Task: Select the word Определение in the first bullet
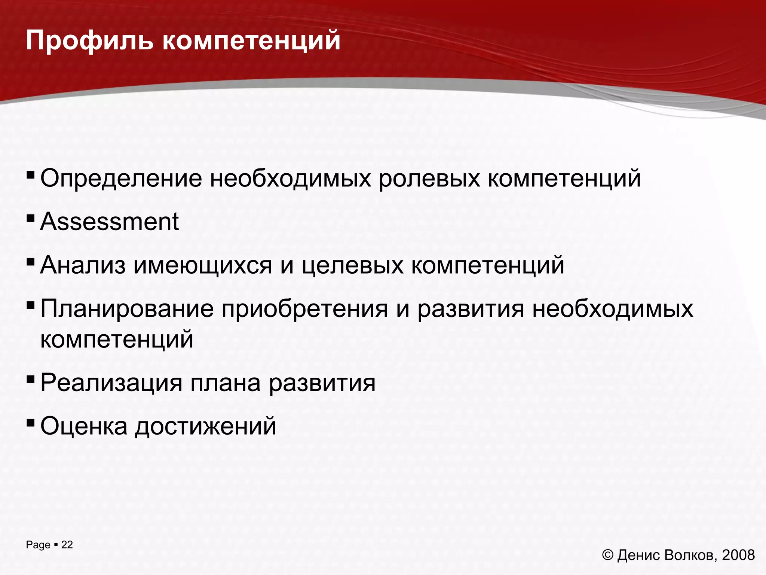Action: pyautogui.click(x=121, y=179)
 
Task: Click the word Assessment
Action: pyautogui.click(x=110, y=222)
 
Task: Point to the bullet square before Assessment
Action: pyautogui.click(x=31, y=217)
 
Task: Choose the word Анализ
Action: pyautogui.click(x=83, y=265)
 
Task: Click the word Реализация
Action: pyautogui.click(x=111, y=383)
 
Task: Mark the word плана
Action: pyautogui.click(x=226, y=383)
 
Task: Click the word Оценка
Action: pyautogui.click(x=84, y=426)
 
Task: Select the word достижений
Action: pyautogui.click(x=206, y=427)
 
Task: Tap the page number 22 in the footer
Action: pyautogui.click(x=67, y=545)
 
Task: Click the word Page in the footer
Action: pyautogui.click(x=38, y=545)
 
